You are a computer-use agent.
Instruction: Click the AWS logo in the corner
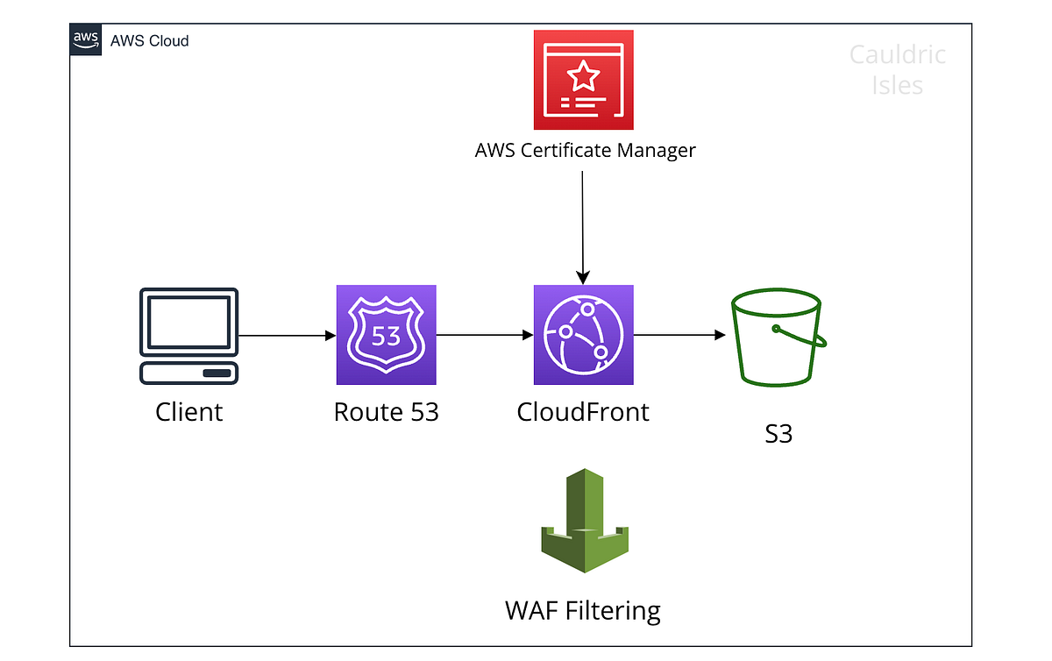85,39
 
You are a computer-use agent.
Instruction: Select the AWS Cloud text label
149,40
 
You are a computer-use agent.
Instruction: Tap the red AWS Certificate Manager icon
583,80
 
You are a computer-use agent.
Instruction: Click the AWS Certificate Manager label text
585,150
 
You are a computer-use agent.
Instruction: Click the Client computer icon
188,336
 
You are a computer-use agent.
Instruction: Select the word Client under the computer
188,411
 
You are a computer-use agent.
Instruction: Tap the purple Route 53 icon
386,335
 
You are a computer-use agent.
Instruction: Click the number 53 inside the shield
386,336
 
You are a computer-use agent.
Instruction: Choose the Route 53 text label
386,411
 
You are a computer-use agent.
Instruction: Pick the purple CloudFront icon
583,335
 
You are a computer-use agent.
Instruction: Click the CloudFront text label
583,411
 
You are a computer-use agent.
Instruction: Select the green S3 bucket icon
778,340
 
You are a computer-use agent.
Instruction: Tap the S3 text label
778,433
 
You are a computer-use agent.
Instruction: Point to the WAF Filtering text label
583,609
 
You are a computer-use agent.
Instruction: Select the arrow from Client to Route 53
287,336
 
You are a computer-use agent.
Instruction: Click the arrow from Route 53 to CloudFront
485,336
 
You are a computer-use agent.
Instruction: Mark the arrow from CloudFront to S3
679,336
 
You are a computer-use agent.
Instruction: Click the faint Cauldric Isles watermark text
898,70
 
